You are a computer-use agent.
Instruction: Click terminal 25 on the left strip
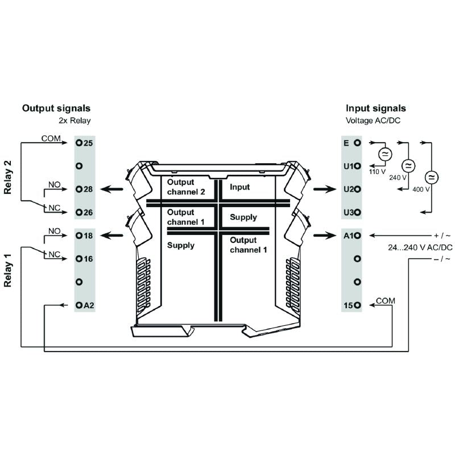[x=80, y=143]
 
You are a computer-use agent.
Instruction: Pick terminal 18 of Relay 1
[x=80, y=235]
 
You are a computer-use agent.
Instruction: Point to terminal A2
[x=80, y=305]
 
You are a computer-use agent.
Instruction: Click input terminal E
[x=357, y=143]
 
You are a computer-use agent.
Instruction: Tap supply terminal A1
[x=357, y=235]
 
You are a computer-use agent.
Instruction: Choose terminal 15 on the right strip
[x=357, y=305]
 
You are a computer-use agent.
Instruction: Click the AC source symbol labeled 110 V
[x=384, y=154]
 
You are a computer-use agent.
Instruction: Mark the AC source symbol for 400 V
[x=430, y=177]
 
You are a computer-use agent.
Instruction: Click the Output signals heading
[x=56, y=108]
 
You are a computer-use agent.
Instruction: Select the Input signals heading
[x=376, y=108]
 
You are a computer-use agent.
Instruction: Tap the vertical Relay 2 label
[x=8, y=177]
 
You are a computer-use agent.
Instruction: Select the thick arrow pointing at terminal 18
[x=114, y=235]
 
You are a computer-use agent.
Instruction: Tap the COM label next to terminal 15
[x=386, y=300]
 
